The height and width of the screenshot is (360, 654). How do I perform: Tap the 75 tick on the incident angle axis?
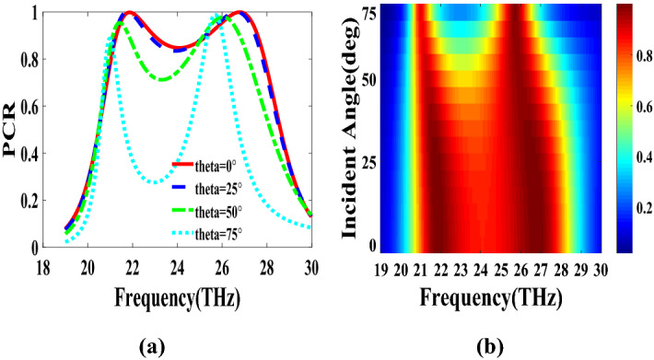point(368,13)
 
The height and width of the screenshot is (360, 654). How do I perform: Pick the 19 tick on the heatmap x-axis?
point(380,269)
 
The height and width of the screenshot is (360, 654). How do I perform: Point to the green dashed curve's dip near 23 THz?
point(163,79)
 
